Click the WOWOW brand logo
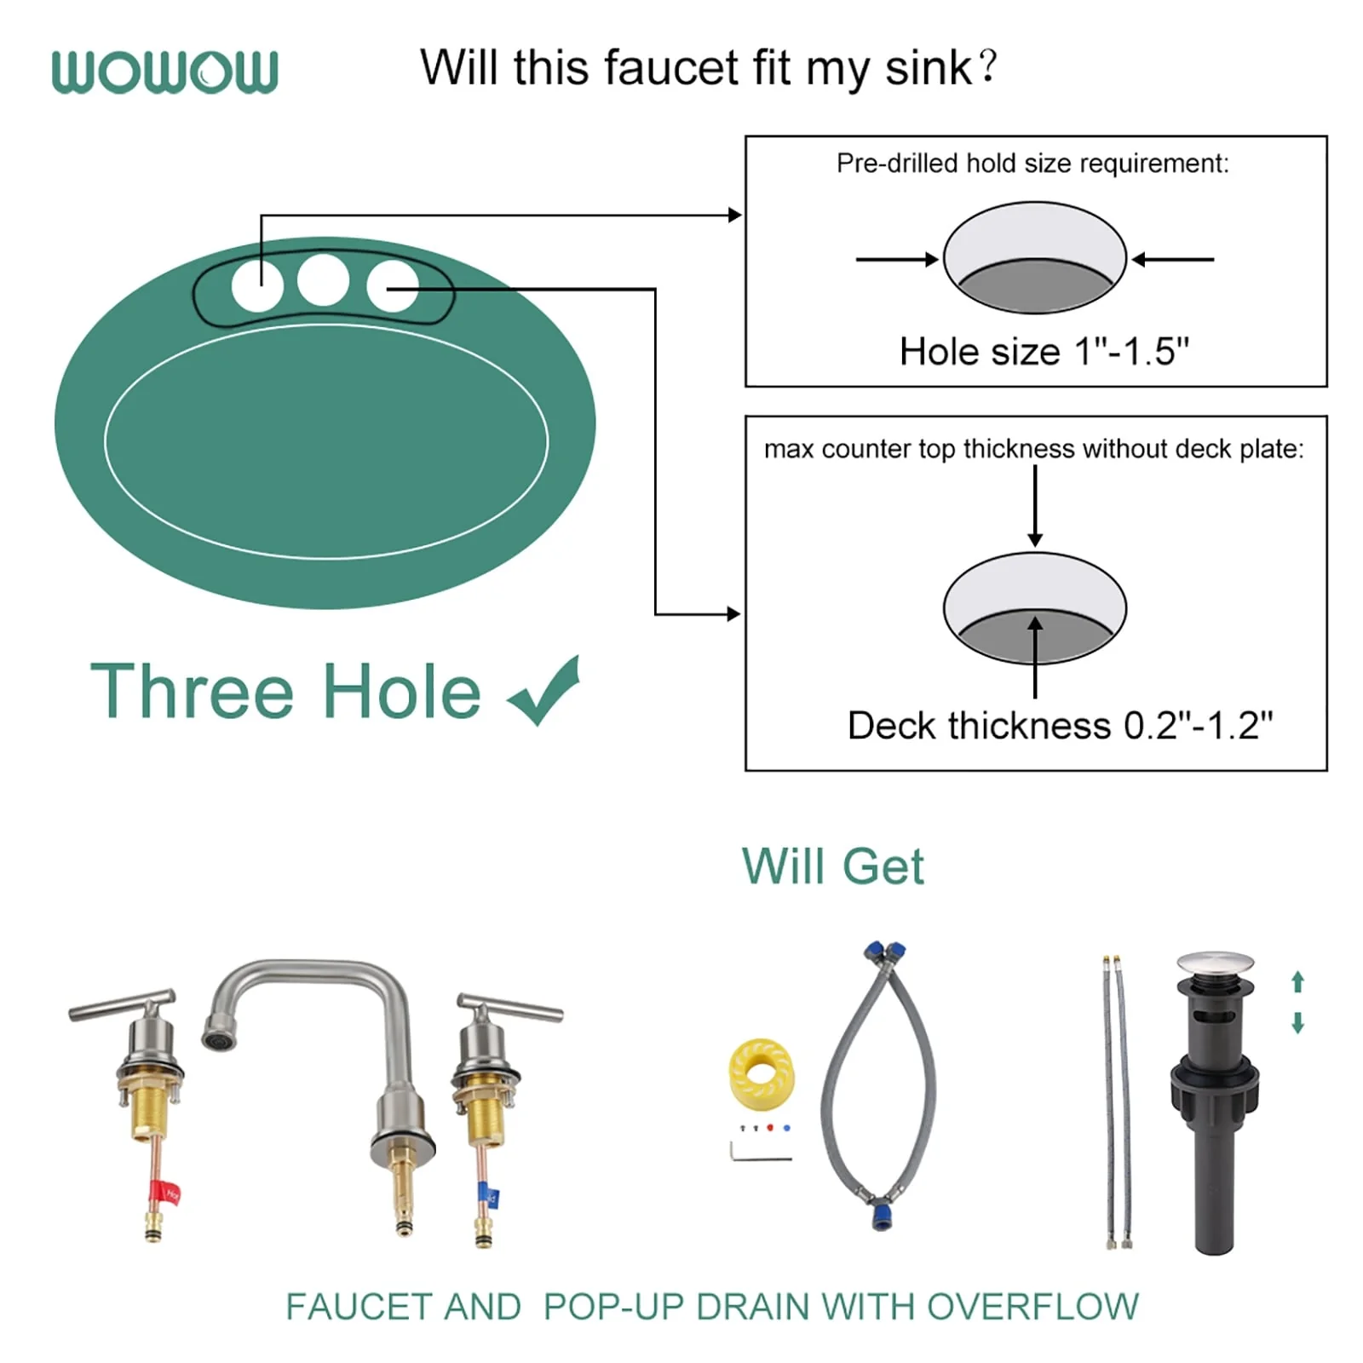(x=164, y=72)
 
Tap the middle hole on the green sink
(x=323, y=279)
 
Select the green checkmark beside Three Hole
(x=544, y=690)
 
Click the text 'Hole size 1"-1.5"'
(x=1044, y=351)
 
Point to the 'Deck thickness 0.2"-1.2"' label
(x=1061, y=726)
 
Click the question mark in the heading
(x=987, y=66)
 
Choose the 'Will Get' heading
(x=832, y=867)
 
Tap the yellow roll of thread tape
(x=761, y=1073)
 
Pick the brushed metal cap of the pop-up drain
(x=1215, y=966)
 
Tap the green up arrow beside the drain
(x=1297, y=982)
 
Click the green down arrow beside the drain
(x=1297, y=1022)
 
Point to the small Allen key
(x=758, y=1152)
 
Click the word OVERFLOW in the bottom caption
(x=1032, y=1307)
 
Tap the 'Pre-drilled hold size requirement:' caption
(x=1032, y=163)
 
